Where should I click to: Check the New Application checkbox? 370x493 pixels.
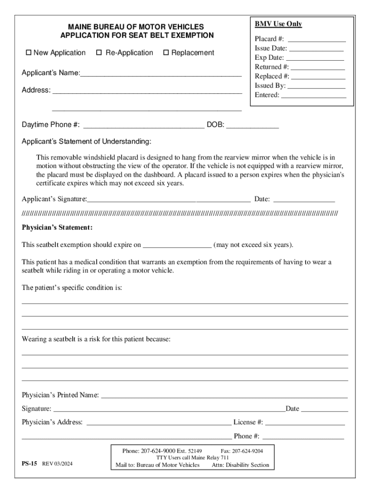coord(28,53)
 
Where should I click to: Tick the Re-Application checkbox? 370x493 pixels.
coord(99,53)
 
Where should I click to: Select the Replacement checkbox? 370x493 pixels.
coord(166,53)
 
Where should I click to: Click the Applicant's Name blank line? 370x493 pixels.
coord(160,74)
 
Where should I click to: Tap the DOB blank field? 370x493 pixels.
coord(252,126)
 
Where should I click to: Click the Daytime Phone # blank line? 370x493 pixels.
coord(144,126)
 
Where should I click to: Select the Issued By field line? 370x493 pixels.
coord(316,86)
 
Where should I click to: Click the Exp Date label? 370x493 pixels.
coord(269,58)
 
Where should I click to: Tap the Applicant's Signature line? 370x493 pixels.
coord(169,199)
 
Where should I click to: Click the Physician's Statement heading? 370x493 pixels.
coord(57,227)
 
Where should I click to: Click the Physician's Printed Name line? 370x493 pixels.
coord(224,396)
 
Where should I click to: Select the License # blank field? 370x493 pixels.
coord(305,423)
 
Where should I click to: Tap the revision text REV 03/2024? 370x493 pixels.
coord(58,464)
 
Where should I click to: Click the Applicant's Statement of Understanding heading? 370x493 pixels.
coord(86,142)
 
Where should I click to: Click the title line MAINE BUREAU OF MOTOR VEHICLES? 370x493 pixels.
coord(136,27)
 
